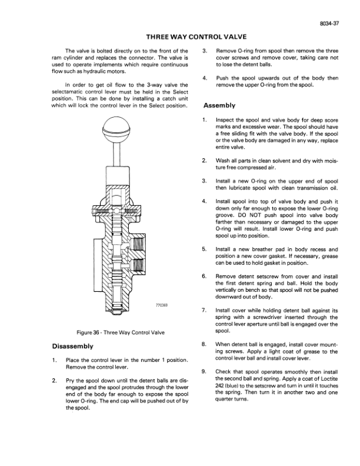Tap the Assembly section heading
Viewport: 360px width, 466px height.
click(219, 106)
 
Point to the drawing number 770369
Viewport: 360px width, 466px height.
click(162, 305)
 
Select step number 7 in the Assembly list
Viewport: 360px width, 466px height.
click(204, 309)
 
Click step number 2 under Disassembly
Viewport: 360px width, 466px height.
click(54, 381)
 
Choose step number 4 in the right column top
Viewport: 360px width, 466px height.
click(204, 78)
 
